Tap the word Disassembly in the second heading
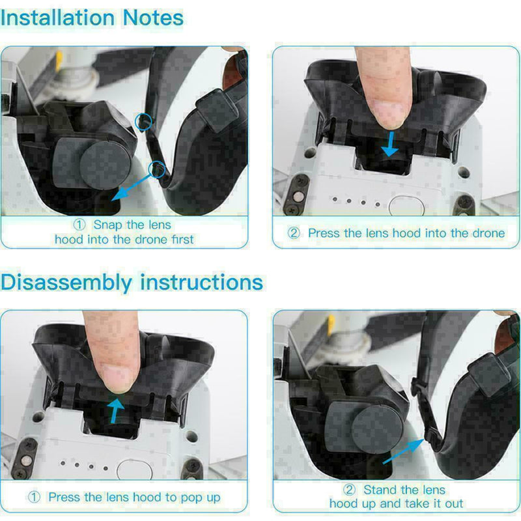[x=67, y=283]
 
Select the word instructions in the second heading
[x=203, y=283]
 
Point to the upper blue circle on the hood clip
[x=143, y=120]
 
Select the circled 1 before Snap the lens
[x=79, y=225]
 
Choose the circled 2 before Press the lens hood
[x=294, y=232]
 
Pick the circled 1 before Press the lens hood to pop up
[x=34, y=497]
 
